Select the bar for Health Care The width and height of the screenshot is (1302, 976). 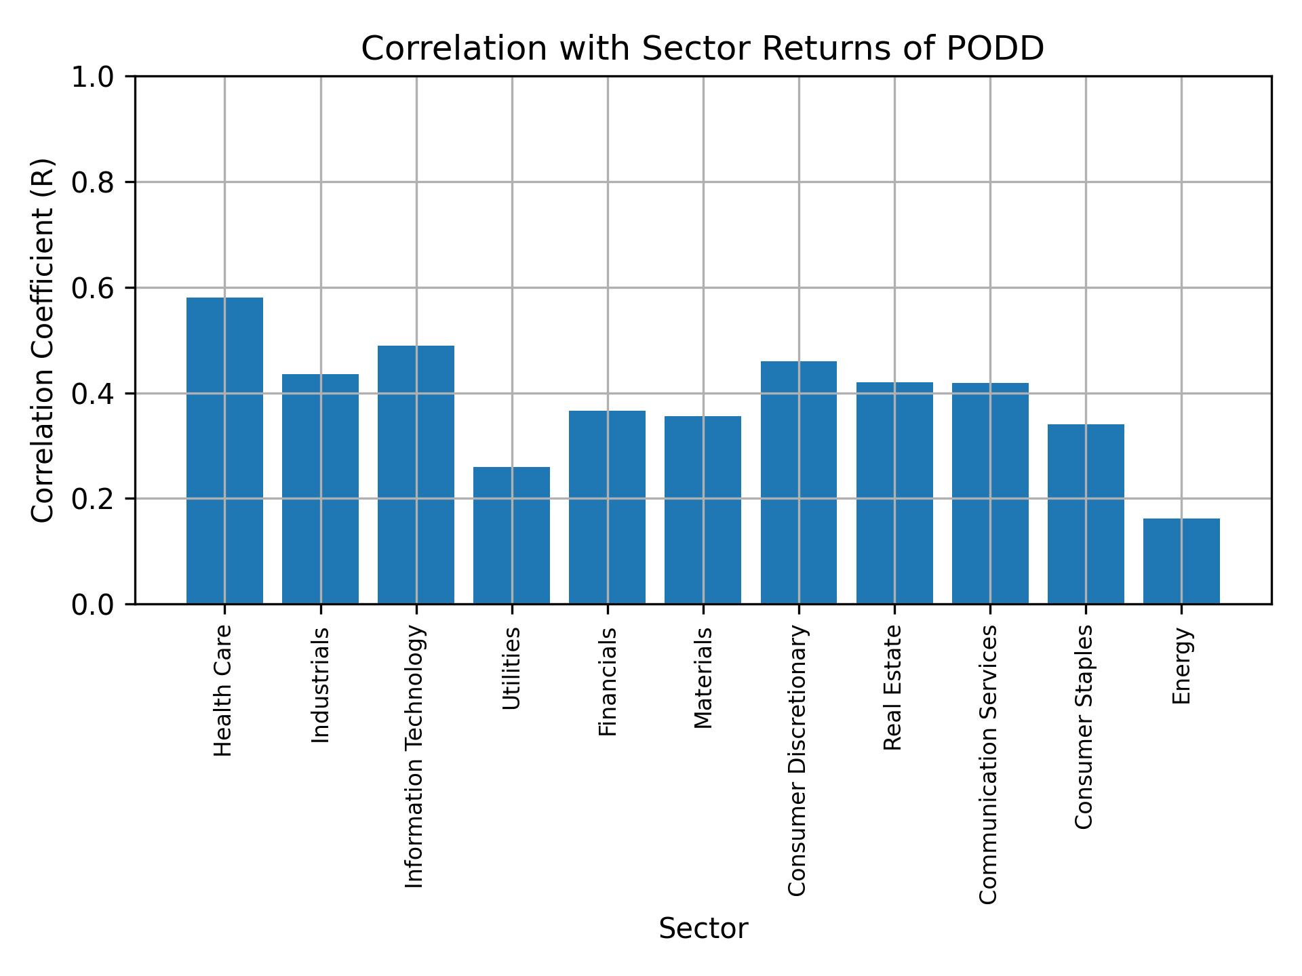(224, 451)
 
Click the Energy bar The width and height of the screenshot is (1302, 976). (1181, 561)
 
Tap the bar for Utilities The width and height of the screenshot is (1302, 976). (511, 535)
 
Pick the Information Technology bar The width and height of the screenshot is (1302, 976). (416, 474)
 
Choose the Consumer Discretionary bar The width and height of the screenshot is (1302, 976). (798, 483)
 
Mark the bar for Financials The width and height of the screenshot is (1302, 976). (607, 507)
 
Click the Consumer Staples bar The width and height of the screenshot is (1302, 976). (1086, 514)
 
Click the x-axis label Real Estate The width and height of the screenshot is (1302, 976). (893, 688)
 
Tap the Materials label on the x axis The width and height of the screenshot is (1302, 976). (703, 678)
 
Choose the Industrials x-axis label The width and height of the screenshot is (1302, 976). (320, 685)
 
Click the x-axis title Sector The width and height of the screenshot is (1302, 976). (703, 929)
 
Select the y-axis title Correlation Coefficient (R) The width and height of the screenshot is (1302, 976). (42, 340)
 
